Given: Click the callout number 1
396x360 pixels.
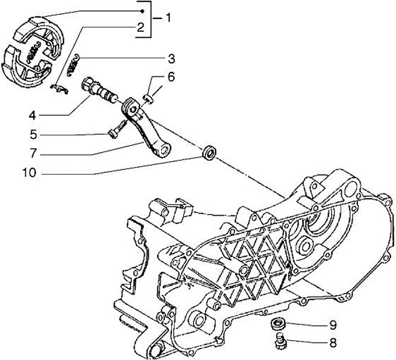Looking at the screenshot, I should pos(168,18).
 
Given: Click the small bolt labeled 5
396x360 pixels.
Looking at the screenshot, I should pos(114,132).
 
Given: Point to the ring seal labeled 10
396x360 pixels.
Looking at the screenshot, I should pos(209,152).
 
